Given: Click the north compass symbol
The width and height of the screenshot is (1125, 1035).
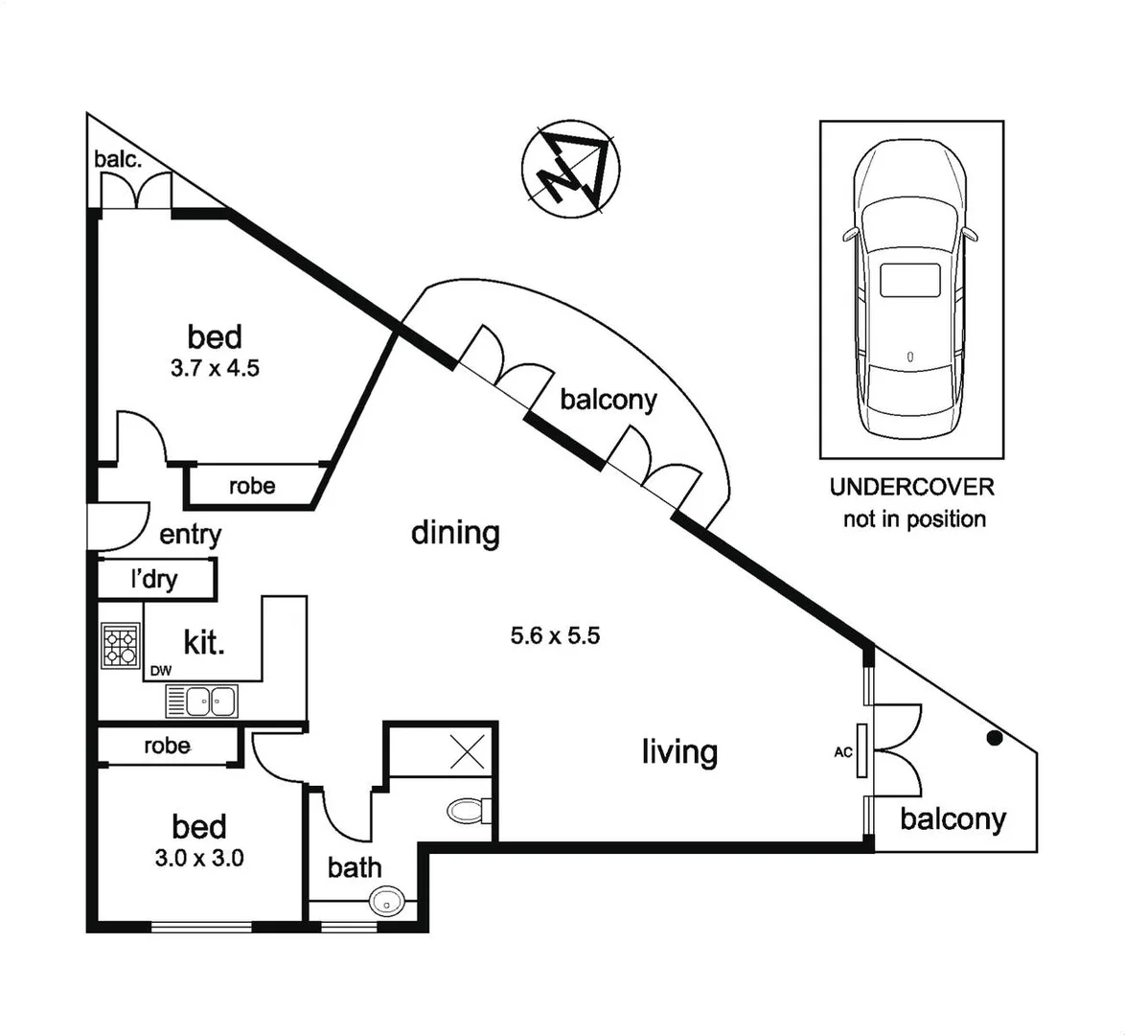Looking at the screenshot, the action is (570, 170).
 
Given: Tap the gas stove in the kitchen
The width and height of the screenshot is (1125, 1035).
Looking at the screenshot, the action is (120, 645).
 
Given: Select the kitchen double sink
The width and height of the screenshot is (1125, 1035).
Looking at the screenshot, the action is (201, 701).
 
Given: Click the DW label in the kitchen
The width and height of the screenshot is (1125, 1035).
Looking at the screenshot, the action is (161, 671).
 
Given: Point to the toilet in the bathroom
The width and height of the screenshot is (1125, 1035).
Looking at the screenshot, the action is (469, 811).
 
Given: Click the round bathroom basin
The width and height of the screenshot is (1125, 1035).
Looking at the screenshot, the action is (387, 901).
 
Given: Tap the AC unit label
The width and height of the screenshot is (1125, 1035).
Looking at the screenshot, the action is (843, 752).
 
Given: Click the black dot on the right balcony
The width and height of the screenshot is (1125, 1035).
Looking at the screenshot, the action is (994, 737).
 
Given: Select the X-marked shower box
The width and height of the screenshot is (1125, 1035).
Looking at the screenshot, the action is (467, 751).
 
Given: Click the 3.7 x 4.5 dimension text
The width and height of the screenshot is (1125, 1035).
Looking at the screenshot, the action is (216, 369).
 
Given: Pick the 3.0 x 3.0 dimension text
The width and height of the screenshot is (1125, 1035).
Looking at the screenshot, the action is (199, 858).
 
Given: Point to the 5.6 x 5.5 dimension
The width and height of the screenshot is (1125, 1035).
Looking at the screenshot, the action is (556, 635).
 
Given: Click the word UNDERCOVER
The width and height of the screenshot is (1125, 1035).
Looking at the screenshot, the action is (912, 488).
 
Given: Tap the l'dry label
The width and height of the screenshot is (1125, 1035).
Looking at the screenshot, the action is (154, 579).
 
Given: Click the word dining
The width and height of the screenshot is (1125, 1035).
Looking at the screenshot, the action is (455, 533).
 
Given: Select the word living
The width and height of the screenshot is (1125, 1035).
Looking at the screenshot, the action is (679, 752).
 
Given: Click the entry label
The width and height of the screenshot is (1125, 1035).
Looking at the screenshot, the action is (190, 535).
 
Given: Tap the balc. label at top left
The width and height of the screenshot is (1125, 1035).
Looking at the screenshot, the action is (119, 159).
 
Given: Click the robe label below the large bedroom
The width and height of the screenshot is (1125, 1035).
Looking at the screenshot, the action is (253, 486).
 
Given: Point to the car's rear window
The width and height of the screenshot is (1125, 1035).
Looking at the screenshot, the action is (910, 280).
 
